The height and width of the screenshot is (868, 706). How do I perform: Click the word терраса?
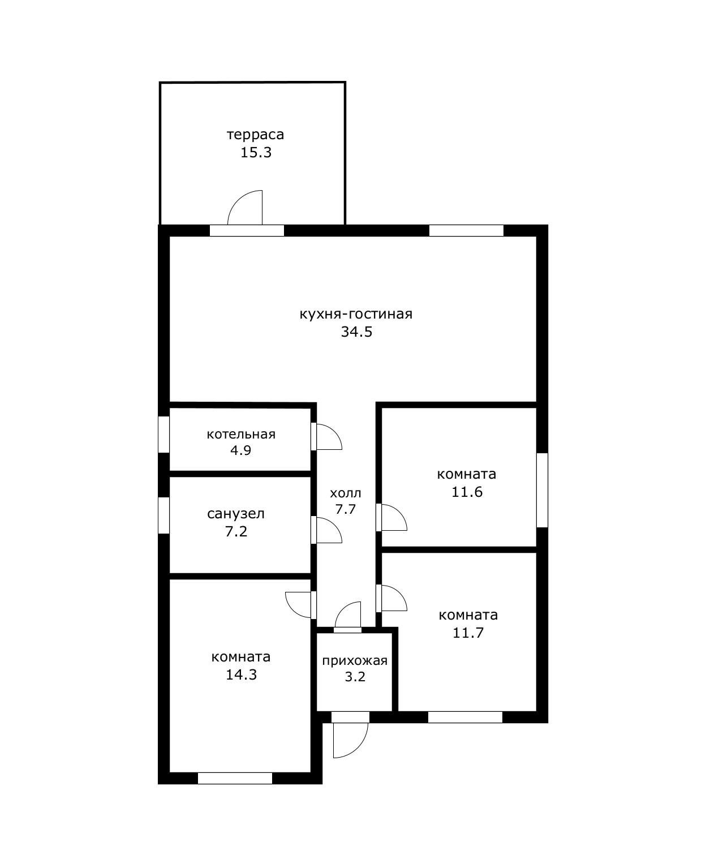point(255,135)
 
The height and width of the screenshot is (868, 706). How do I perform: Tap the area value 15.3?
point(256,152)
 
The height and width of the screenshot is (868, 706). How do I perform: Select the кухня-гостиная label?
point(356,314)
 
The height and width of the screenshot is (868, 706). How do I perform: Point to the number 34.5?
point(357,332)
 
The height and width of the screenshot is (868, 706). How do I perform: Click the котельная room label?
point(241,435)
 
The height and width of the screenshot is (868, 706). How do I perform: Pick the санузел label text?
point(236,514)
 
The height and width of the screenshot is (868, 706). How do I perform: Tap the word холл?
point(346,493)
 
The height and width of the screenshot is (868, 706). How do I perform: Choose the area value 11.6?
point(467,492)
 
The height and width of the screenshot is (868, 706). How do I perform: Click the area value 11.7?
point(468,633)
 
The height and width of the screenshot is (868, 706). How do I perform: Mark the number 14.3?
point(241,675)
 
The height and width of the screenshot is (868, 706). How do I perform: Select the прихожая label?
point(355,660)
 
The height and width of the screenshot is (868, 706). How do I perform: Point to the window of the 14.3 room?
point(235,778)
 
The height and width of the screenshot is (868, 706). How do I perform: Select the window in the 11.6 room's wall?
point(542,490)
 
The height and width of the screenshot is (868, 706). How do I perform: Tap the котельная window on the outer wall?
point(163,435)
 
